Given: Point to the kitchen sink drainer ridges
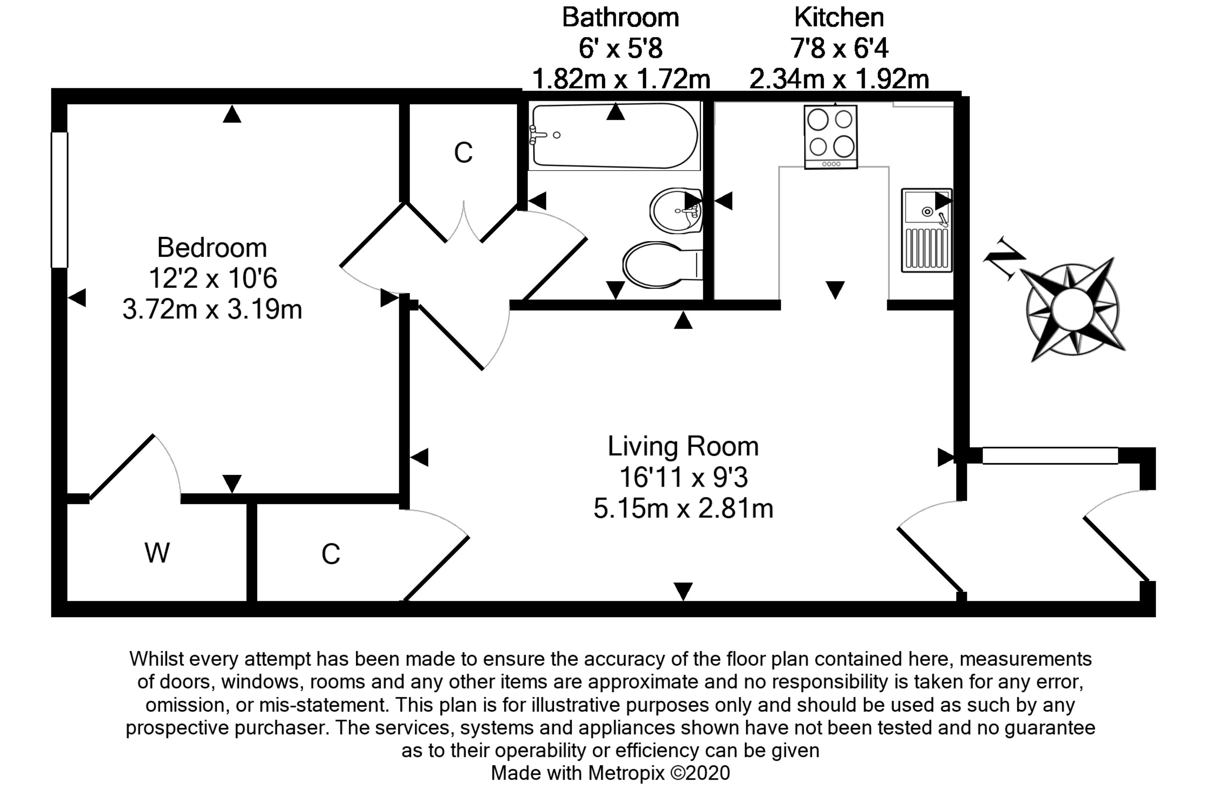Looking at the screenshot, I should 926,248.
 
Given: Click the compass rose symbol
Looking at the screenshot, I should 1072,309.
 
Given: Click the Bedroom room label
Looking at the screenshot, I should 212,248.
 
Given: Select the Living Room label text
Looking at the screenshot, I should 683,446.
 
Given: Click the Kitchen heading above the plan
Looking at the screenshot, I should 839,17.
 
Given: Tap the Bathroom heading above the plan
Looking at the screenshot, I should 621,17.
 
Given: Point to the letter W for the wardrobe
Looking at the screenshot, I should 157,553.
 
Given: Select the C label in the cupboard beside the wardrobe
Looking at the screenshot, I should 330,554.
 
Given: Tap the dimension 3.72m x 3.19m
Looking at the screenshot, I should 212,309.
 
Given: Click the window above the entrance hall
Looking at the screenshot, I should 1050,455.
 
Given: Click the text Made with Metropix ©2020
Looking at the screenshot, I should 610,773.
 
